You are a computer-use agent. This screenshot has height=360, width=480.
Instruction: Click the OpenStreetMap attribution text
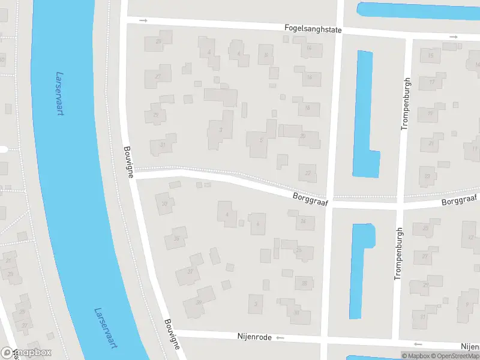(454, 356)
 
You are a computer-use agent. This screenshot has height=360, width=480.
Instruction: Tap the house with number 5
(260, 142)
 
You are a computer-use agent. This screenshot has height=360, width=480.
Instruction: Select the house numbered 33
(164, 203)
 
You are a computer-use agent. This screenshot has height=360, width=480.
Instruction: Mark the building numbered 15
(430, 56)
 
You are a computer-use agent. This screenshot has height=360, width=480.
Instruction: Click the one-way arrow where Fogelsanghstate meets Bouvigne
(143, 21)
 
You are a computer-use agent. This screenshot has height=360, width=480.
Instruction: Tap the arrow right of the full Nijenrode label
(280, 338)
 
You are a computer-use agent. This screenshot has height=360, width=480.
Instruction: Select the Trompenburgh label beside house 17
(406, 103)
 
